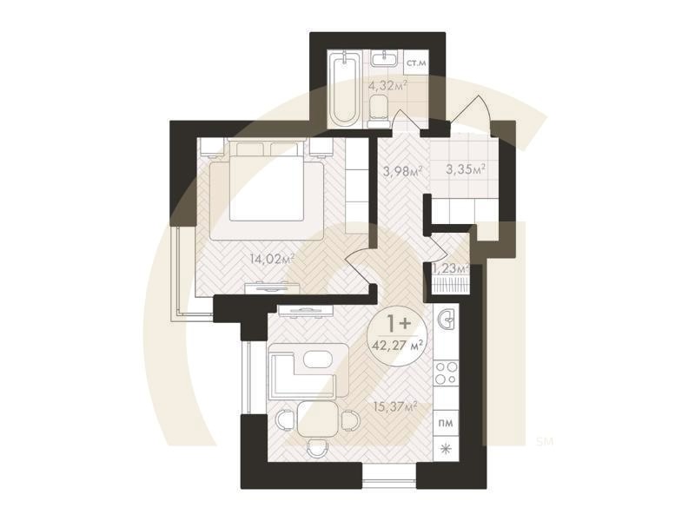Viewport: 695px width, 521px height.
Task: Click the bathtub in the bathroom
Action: coord(345,89)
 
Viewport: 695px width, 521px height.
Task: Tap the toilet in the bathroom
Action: coord(378,113)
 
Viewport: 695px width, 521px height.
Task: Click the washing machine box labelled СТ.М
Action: coord(416,63)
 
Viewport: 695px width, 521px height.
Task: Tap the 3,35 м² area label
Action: coord(466,169)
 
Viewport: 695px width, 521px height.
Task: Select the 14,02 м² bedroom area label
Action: coord(272,259)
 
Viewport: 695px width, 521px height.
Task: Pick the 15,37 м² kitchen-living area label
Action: coord(396,406)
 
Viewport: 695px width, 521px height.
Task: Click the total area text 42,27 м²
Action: coord(398,345)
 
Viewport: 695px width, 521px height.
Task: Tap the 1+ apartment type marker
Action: coord(399,323)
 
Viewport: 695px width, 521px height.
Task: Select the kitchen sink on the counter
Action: coord(447,319)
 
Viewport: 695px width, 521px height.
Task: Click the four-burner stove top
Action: coord(447,373)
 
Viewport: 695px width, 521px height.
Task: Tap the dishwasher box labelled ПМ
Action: coord(447,423)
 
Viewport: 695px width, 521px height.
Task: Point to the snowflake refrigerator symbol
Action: coord(445,449)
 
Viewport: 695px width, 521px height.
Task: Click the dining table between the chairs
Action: coord(317,419)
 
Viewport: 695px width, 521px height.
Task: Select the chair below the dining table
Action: coord(317,448)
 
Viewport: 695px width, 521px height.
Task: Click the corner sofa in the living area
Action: coord(309,371)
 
